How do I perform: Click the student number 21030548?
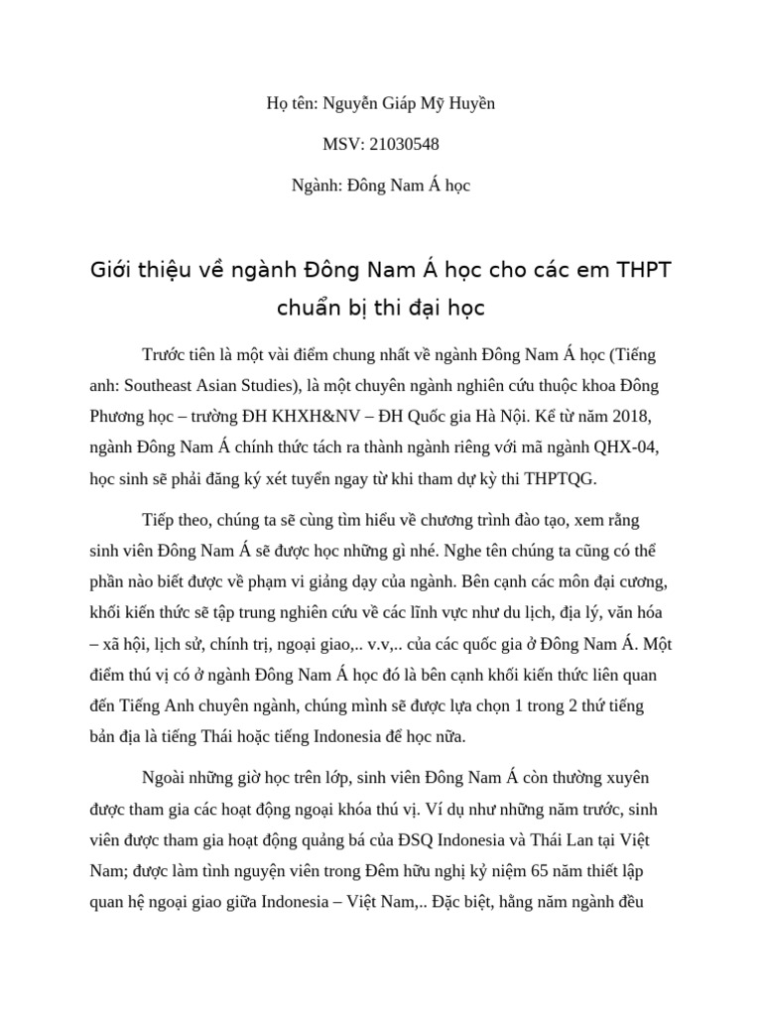point(404,145)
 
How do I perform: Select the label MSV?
point(344,145)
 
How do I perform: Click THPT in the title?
point(644,269)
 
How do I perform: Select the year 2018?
point(631,416)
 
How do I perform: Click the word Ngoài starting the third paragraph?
point(170,777)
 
